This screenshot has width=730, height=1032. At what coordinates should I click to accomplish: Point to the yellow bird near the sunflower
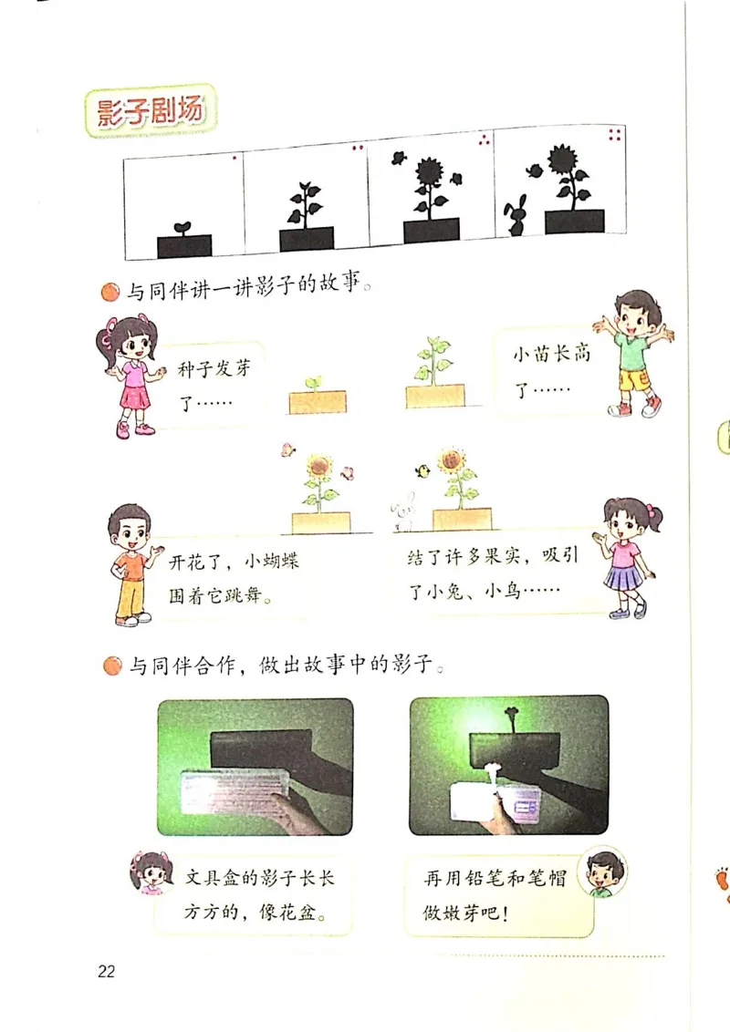[x=422, y=471]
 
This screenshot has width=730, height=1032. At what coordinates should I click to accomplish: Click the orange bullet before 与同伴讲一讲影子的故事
[x=110, y=293]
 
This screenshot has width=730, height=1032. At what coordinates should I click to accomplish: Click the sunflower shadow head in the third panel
[x=428, y=171]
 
